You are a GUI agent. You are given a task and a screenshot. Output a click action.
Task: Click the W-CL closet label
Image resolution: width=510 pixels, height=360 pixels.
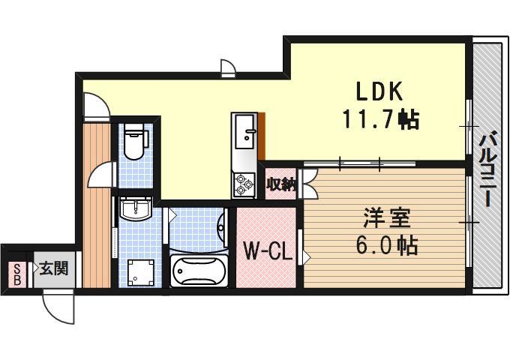point(266,250)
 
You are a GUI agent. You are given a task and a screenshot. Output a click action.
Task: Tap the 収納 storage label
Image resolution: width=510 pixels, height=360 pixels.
point(280,182)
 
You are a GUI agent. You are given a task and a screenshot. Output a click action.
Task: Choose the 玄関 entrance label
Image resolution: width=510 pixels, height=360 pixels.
point(54,268)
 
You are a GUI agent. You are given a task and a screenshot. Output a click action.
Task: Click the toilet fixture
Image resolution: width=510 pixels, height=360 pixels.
point(135,142)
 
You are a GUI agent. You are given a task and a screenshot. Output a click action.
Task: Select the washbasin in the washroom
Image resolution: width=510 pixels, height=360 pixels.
point(135,209)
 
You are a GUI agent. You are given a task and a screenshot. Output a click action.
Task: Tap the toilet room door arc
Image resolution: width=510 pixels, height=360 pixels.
point(100,176)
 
